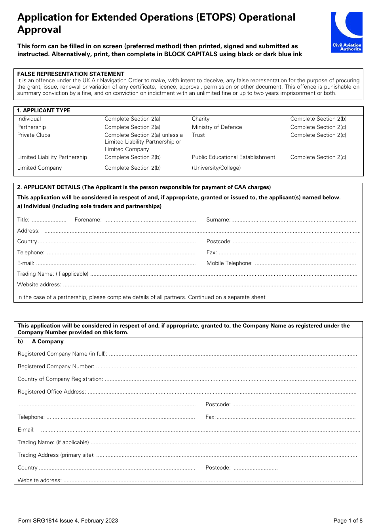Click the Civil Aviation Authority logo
pos(347,32)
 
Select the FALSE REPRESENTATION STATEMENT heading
pos(71,74)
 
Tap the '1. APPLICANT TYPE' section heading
pos(44,110)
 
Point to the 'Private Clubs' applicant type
pos(34,135)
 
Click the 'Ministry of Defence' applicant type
pos(216,127)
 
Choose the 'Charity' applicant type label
pos(201,119)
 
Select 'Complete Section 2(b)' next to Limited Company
pos(133,168)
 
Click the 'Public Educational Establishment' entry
pos(233,157)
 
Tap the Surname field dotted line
pos(293,220)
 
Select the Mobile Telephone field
pos(305,264)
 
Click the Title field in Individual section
pos(49,220)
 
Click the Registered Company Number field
pos(226,367)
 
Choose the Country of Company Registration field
pos(230,380)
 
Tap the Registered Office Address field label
pos(52,392)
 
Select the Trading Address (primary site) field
pos(226,456)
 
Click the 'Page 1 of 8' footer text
pos(348,521)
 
